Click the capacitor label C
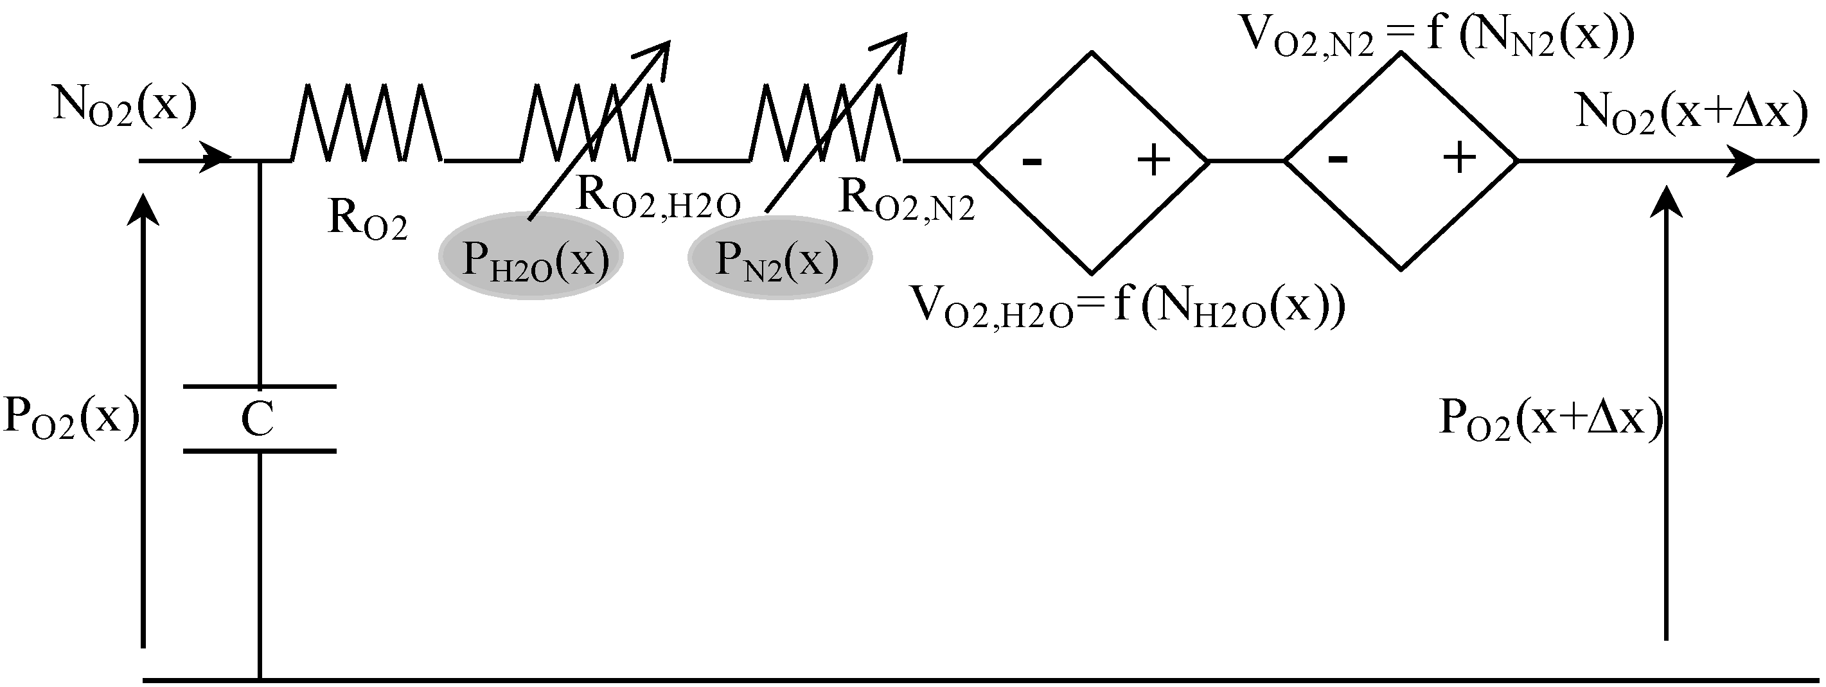pos(257,421)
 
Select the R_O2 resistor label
pos(367,220)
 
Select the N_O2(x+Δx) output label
pos(1690,112)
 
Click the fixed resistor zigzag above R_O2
pos(366,123)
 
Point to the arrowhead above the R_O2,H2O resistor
pos(657,53)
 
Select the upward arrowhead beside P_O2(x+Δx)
pos(1666,202)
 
